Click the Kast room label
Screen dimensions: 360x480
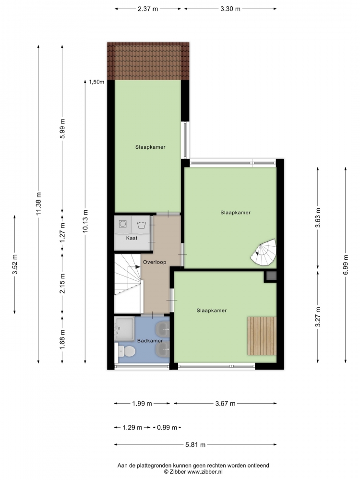(x=132, y=238)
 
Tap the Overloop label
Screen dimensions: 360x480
(x=155, y=262)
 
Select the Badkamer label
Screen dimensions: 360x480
(x=150, y=340)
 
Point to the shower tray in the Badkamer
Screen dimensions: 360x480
(x=124, y=329)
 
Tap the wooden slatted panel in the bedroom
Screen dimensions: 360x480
(x=262, y=336)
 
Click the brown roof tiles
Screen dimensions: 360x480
(x=148, y=61)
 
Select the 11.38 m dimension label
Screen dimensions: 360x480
(x=38, y=204)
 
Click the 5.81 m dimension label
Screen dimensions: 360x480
(x=195, y=444)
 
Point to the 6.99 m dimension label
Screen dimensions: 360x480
(x=346, y=265)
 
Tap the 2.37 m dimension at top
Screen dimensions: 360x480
(x=148, y=9)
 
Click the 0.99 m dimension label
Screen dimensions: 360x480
(x=167, y=427)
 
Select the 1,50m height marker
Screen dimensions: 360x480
(x=96, y=82)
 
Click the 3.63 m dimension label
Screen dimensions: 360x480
(x=318, y=217)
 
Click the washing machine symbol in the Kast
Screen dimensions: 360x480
(x=123, y=224)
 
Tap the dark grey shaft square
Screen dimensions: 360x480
(x=271, y=276)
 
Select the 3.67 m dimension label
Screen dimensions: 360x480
(x=225, y=404)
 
